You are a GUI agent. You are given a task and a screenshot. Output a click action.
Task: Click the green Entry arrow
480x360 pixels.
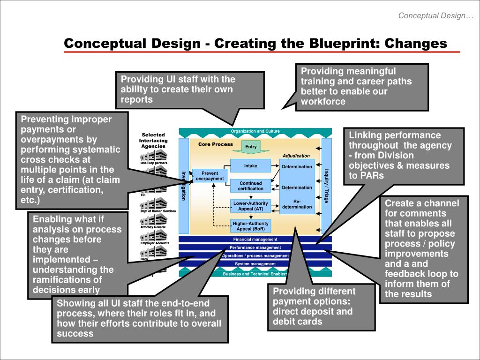[x=251, y=147]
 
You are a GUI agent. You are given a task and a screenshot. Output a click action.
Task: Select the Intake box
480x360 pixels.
[x=250, y=166]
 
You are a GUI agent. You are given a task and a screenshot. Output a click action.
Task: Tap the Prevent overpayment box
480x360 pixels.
[x=210, y=176]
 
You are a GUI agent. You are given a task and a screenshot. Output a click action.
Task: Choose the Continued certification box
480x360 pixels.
[x=250, y=186]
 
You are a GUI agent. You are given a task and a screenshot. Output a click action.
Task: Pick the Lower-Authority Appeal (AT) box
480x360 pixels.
[x=250, y=206]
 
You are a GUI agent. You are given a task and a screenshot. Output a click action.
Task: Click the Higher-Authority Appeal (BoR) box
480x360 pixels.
[x=250, y=226]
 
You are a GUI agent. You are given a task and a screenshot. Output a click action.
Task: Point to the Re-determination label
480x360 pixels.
[x=297, y=204]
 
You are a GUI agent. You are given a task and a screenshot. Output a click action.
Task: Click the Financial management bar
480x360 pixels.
[x=255, y=240]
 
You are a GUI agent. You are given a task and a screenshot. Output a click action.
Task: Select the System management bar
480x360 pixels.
[x=255, y=264]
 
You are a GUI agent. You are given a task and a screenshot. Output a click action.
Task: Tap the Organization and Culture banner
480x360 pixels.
[x=255, y=132]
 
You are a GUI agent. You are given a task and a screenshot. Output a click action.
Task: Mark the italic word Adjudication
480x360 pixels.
[x=296, y=156]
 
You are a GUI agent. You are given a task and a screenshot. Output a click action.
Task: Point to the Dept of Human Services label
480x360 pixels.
[x=158, y=211]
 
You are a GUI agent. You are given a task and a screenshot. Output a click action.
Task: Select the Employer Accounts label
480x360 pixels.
[x=155, y=243]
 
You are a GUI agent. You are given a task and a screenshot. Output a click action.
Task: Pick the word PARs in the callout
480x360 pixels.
[x=373, y=176]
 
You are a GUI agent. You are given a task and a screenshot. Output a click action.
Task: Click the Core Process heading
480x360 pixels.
[x=215, y=144]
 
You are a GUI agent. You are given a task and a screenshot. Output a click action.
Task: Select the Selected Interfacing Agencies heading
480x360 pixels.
[x=154, y=140]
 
